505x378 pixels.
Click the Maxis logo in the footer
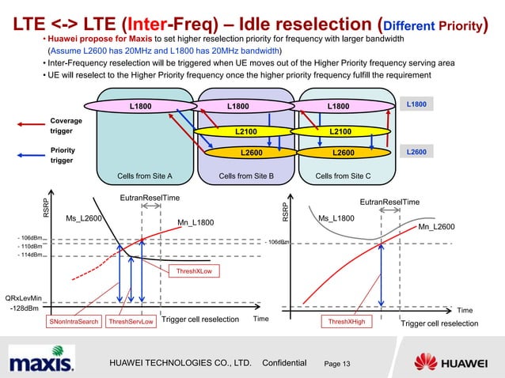[42, 362]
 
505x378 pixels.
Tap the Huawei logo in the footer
[457, 362]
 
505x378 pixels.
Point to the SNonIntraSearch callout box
[74, 323]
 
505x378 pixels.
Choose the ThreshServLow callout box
[131, 323]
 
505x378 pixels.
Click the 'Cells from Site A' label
[145, 176]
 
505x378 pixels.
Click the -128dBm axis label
[23, 308]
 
